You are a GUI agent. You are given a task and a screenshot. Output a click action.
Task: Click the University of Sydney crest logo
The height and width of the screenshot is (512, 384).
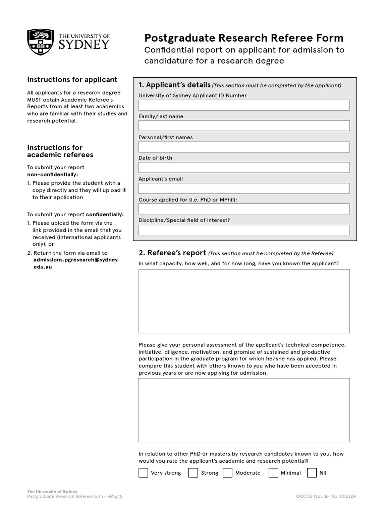41,41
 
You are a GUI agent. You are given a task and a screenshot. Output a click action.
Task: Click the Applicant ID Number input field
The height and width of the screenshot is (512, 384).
244,105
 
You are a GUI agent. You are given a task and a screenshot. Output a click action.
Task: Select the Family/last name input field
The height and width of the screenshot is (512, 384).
244,126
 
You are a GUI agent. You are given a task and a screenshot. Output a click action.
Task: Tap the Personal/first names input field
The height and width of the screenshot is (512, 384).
244,147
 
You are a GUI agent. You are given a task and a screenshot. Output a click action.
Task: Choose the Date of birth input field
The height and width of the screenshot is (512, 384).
244,167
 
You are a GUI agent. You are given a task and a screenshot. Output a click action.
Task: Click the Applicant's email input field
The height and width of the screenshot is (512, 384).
244,188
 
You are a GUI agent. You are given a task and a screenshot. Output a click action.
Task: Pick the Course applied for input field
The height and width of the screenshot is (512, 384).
244,209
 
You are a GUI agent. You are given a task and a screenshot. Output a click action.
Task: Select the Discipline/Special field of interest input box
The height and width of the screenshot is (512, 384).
244,230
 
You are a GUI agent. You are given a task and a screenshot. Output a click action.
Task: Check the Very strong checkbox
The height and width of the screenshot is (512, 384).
143,473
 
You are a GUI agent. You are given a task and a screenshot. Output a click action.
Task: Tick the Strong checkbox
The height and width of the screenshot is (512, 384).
193,473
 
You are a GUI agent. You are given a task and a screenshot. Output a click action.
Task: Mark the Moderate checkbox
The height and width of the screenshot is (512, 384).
228,473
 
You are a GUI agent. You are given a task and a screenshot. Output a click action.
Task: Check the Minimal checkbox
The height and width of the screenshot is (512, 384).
273,473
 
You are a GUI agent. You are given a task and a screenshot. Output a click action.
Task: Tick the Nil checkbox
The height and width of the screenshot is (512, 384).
312,473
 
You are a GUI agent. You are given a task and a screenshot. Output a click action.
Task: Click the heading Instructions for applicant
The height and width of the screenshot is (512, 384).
72,79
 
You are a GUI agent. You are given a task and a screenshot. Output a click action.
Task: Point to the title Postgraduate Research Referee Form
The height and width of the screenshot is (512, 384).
244,38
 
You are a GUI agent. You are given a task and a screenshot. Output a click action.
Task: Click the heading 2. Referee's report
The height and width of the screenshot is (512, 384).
172,253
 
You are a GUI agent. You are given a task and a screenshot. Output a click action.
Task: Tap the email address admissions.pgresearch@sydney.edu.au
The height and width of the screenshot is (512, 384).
76,263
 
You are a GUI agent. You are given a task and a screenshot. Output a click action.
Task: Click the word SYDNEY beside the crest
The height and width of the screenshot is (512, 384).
84,45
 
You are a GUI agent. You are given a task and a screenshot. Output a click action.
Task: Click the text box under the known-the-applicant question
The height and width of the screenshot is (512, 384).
244,301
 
